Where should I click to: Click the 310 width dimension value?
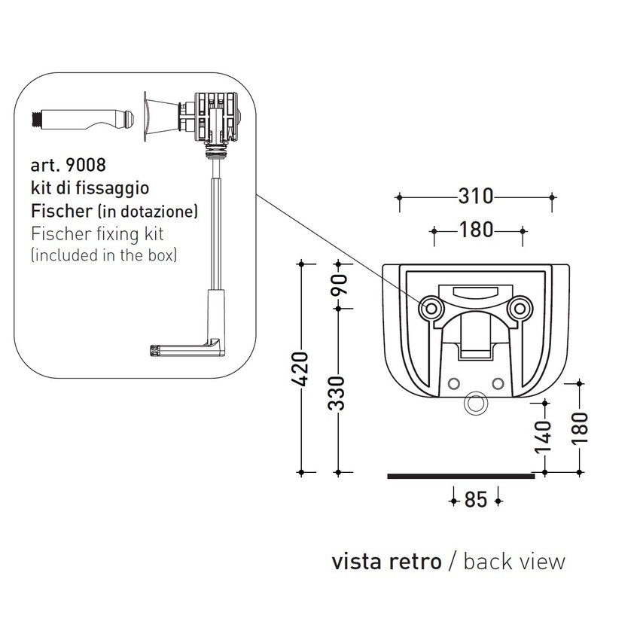pyautogui.click(x=475, y=197)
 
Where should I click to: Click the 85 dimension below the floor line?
pyautogui.click(x=476, y=499)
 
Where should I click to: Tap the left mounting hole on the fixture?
pyautogui.click(x=432, y=307)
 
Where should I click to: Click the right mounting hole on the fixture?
pyautogui.click(x=518, y=307)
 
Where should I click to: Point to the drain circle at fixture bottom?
pyautogui.click(x=475, y=404)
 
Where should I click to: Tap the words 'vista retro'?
pyautogui.click(x=386, y=561)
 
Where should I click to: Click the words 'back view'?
pyautogui.click(x=514, y=561)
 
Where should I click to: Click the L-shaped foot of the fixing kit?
pyautogui.click(x=188, y=348)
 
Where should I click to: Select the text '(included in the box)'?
pyautogui.click(x=104, y=255)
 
